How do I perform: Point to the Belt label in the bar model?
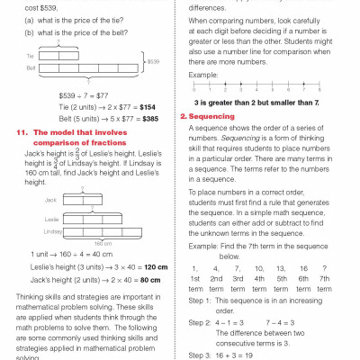[32, 67]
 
